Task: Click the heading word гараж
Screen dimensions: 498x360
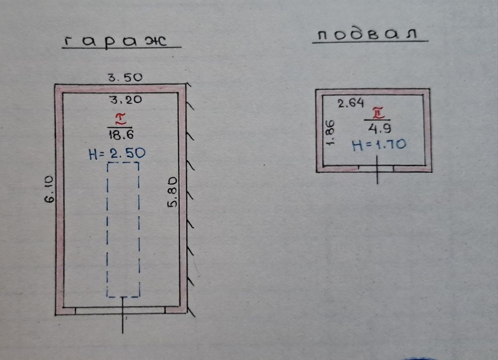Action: click(x=115, y=42)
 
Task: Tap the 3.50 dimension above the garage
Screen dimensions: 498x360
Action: click(x=125, y=77)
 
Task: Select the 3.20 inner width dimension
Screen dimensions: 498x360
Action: click(x=126, y=100)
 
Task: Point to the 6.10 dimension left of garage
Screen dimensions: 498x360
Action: click(x=49, y=190)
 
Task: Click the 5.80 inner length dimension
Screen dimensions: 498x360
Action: click(x=172, y=192)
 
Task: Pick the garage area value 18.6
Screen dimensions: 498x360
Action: click(x=121, y=135)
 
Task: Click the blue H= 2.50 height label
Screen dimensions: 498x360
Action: click(x=117, y=153)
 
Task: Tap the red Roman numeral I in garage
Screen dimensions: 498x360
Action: click(x=121, y=119)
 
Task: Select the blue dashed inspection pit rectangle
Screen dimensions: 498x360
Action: click(x=107, y=230)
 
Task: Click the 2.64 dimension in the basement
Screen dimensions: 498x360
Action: click(x=351, y=103)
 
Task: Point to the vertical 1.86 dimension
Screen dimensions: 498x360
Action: click(x=330, y=132)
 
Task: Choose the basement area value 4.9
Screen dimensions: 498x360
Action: click(x=379, y=129)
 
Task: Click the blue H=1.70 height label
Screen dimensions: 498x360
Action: click(x=379, y=145)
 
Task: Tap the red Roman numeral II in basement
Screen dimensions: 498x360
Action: click(x=378, y=113)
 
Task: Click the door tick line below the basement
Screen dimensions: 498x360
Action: click(x=377, y=169)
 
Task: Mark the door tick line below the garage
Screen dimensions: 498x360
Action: click(x=123, y=315)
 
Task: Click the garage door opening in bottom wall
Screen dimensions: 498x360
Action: click(x=120, y=311)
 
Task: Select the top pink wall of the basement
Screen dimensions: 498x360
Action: click(x=373, y=92)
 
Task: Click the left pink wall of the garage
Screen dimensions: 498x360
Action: click(x=59, y=200)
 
